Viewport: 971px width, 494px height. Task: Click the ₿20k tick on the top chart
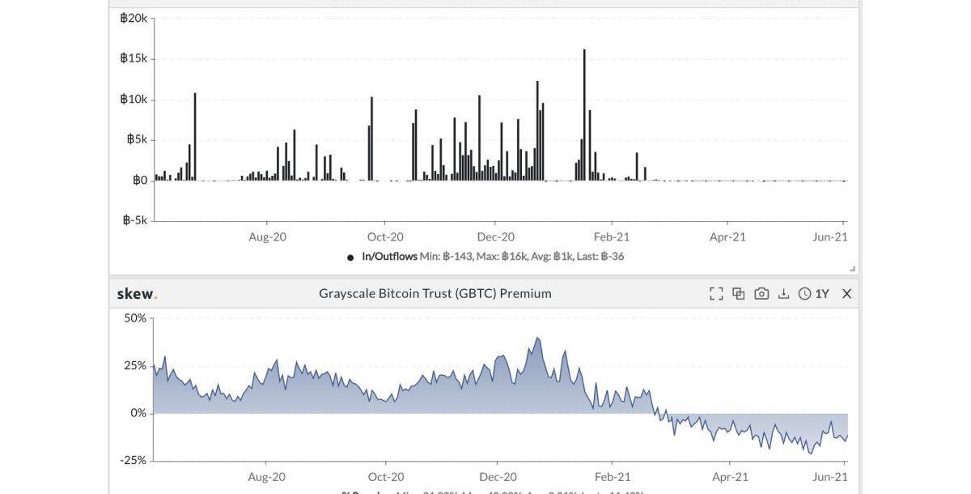(x=134, y=18)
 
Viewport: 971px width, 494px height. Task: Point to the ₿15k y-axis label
(x=134, y=58)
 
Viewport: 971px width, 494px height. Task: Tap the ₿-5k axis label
(x=135, y=219)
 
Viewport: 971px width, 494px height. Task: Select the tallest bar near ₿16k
(x=584, y=113)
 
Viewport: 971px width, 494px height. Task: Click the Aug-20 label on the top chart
(x=267, y=236)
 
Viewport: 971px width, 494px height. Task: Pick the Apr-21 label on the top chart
(x=727, y=236)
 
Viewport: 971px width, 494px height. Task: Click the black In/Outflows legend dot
(x=350, y=258)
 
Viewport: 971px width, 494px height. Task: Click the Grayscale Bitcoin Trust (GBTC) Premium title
(x=435, y=293)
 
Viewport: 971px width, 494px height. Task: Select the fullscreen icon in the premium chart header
(x=716, y=294)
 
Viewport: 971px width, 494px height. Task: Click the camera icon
(x=761, y=294)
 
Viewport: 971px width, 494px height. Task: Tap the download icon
(x=783, y=294)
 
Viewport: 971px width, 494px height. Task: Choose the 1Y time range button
(x=814, y=294)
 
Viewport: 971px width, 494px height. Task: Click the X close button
(x=846, y=294)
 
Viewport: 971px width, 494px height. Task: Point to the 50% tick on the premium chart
(x=135, y=318)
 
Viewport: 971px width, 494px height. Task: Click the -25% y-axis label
(x=133, y=460)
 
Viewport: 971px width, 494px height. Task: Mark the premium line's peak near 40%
(x=538, y=339)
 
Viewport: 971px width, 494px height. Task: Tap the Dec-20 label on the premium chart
(x=498, y=477)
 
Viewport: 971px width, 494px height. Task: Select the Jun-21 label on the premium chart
(x=830, y=477)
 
